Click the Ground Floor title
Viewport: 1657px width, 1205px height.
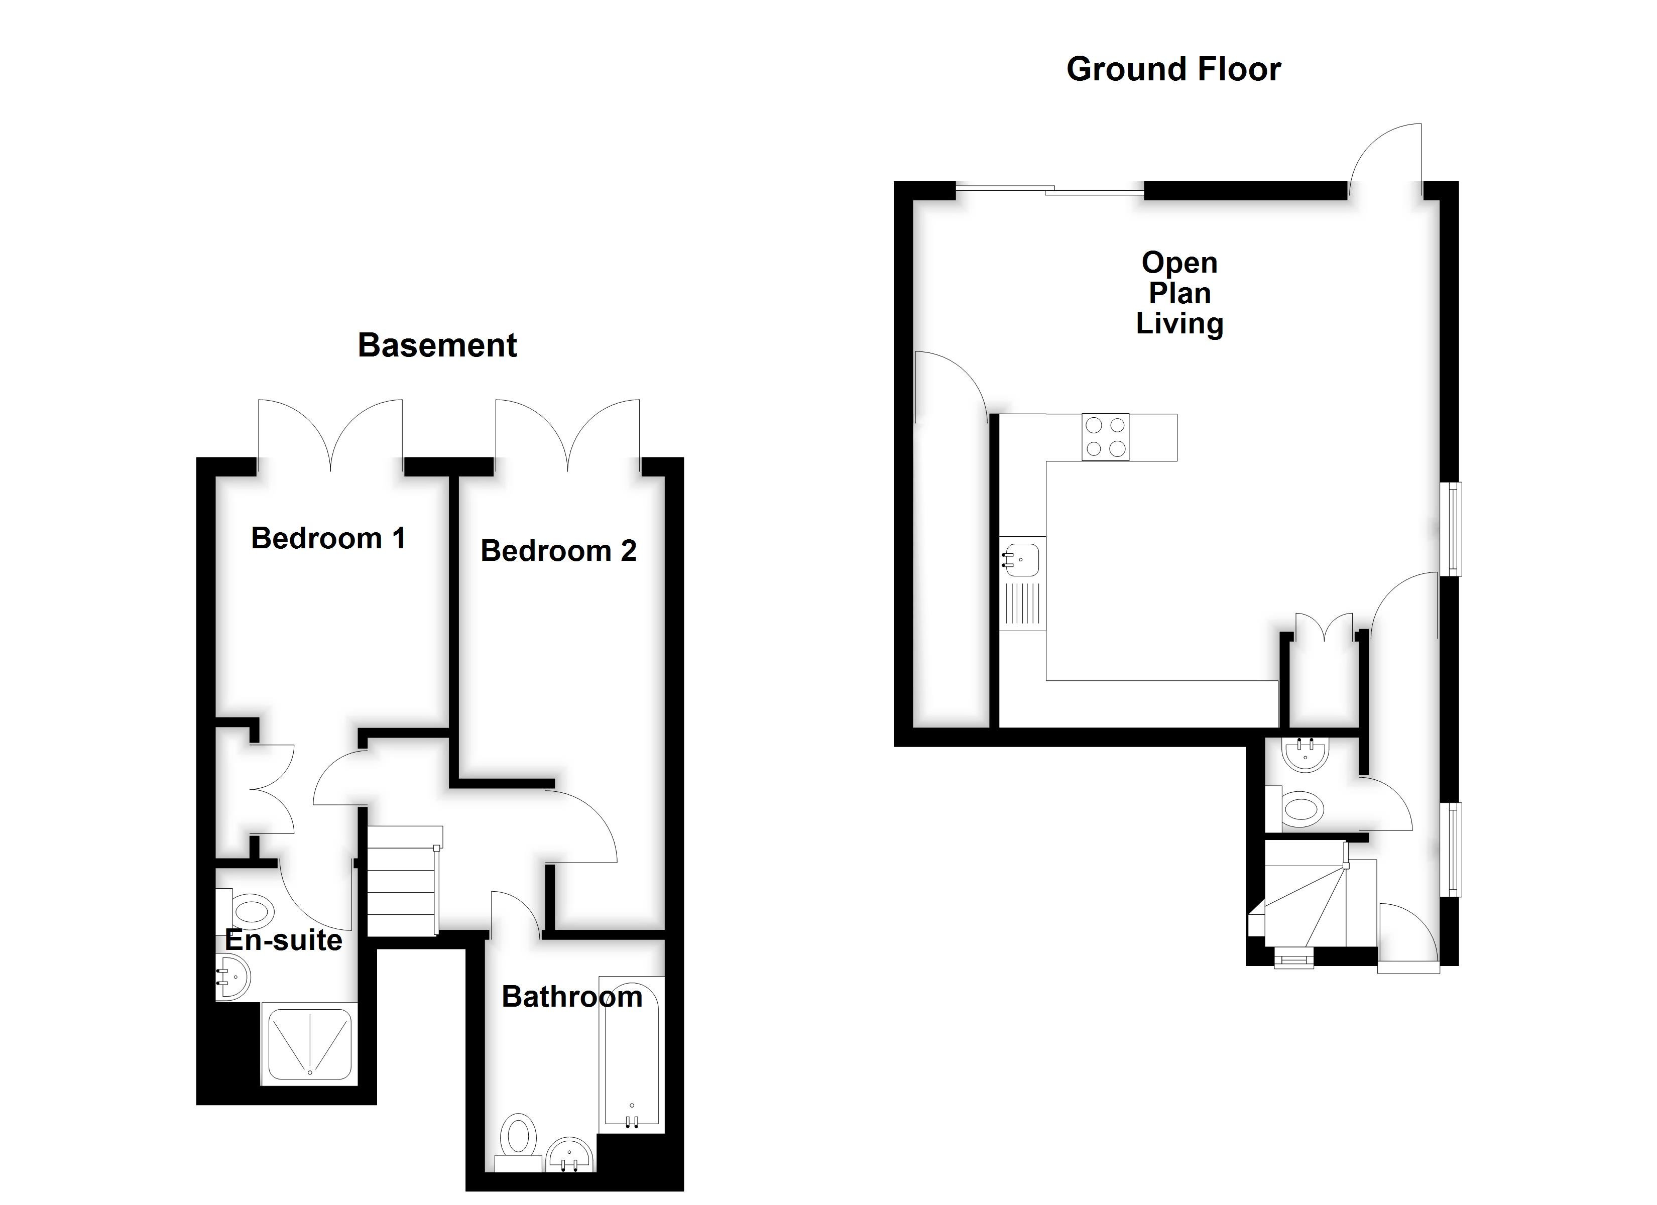[1173, 69]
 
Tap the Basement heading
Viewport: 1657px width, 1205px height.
[437, 345]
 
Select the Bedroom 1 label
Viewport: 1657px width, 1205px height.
[328, 539]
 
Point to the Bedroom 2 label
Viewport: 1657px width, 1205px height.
[558, 551]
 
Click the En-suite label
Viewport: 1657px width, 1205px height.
[284, 940]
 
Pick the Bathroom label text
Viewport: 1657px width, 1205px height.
[571, 997]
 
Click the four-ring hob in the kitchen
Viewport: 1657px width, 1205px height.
[1105, 437]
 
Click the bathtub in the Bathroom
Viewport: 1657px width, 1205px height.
[632, 1052]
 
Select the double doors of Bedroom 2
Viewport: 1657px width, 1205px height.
[568, 435]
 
